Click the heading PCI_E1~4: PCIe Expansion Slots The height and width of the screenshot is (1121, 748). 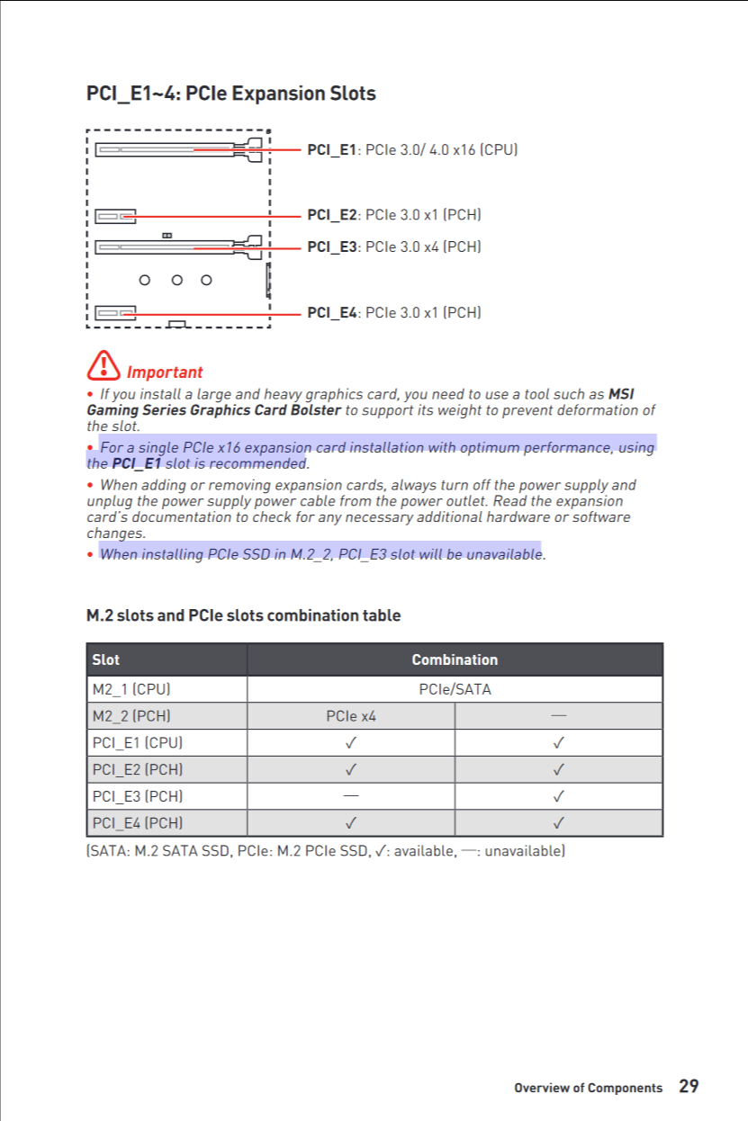click(x=230, y=94)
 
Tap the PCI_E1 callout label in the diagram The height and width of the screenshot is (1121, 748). click(x=412, y=149)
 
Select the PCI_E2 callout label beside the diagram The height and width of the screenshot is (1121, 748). click(x=393, y=215)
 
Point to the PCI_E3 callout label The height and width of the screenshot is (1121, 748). click(x=393, y=247)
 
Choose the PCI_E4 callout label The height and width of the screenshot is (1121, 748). click(x=393, y=312)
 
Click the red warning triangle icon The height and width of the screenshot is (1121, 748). click(x=104, y=364)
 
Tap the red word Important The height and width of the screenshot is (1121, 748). click(x=165, y=372)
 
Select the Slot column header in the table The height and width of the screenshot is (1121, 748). click(x=105, y=659)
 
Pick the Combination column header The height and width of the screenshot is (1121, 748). click(x=455, y=659)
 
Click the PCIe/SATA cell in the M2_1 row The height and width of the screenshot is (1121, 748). click(x=455, y=690)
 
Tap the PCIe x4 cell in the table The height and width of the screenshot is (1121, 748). click(x=351, y=716)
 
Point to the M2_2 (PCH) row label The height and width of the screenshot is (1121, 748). click(x=131, y=716)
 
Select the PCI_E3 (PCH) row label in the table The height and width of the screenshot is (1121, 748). click(x=137, y=796)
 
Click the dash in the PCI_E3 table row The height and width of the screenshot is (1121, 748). click(x=350, y=796)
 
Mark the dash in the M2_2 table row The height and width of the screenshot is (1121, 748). click(x=559, y=716)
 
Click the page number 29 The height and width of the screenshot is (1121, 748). click(x=689, y=1087)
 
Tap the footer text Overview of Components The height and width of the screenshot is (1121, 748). click(x=588, y=1088)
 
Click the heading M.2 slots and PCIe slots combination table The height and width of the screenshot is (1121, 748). click(x=243, y=615)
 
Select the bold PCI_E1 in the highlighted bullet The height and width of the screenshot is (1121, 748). click(x=136, y=464)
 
